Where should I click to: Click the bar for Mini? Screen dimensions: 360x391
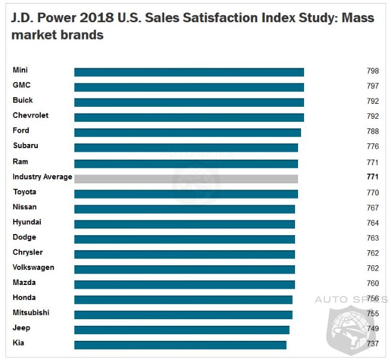[x=189, y=72]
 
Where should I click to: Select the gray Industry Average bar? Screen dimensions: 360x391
[x=186, y=178]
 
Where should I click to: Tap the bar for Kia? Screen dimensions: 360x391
[x=180, y=345]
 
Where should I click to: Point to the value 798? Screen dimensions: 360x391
[x=372, y=71]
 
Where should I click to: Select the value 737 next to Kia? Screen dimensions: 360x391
[x=372, y=344]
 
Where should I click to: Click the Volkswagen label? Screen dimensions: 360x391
[x=33, y=268]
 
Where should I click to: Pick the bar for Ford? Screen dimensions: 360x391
[x=187, y=133]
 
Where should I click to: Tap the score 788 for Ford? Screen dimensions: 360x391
[x=372, y=131]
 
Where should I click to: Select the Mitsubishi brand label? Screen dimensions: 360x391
[x=31, y=313]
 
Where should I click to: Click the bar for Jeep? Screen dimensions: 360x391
[x=182, y=329]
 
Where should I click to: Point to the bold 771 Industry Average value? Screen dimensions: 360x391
[x=372, y=178]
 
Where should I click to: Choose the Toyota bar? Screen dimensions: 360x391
[x=186, y=193]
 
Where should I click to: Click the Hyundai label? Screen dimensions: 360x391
[x=27, y=222]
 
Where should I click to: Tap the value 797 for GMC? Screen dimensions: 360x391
[x=372, y=86]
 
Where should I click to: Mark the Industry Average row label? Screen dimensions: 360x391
[x=42, y=177]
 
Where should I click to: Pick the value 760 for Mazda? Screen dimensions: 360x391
[x=372, y=283]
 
